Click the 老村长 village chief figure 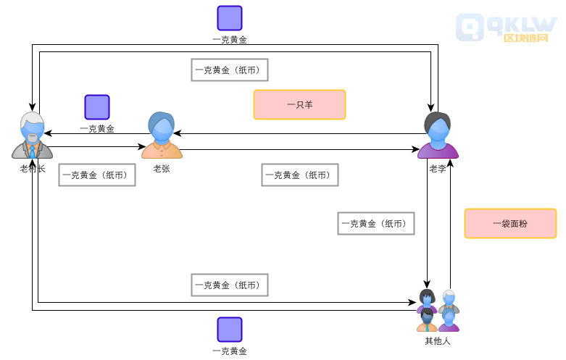pyautogui.click(x=32, y=135)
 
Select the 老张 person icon pyautogui.click(x=162, y=135)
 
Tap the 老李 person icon pyautogui.click(x=438, y=135)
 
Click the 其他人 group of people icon pyautogui.click(x=438, y=310)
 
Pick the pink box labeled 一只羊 pyautogui.click(x=299, y=104)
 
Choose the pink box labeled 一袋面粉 pyautogui.click(x=510, y=224)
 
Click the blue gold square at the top pyautogui.click(x=230, y=18)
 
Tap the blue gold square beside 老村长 pyautogui.click(x=97, y=107)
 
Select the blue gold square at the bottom pyautogui.click(x=230, y=330)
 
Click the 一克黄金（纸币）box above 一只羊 pyautogui.click(x=230, y=70)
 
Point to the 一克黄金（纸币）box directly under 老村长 pyautogui.click(x=97, y=175)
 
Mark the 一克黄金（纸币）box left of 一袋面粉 pyautogui.click(x=376, y=224)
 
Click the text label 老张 pyautogui.click(x=162, y=169)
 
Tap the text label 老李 pyautogui.click(x=438, y=169)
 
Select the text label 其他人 pyautogui.click(x=438, y=340)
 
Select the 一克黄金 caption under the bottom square pyautogui.click(x=230, y=351)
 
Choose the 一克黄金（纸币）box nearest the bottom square pyautogui.click(x=230, y=285)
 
